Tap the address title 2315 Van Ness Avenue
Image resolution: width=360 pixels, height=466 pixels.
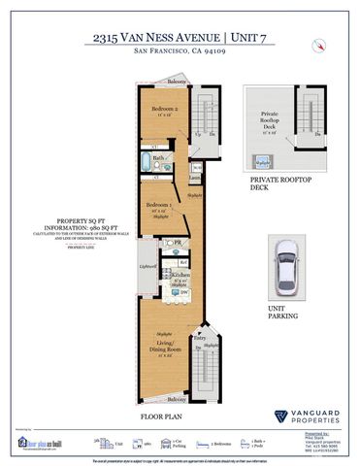coord(180,38)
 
